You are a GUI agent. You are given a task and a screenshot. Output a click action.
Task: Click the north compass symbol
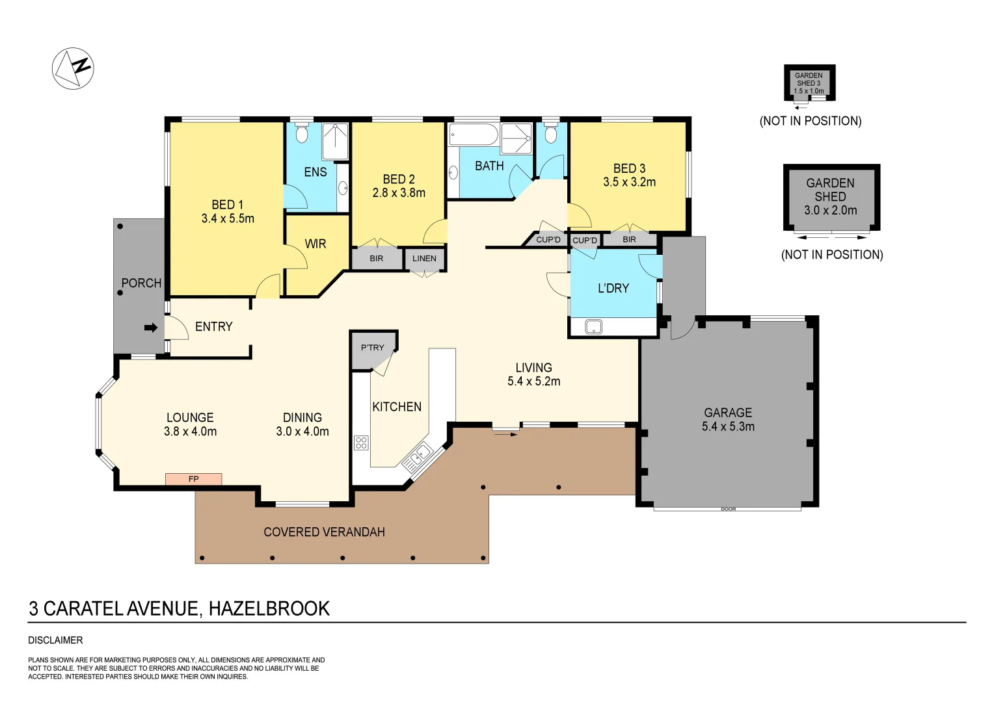pos(73,68)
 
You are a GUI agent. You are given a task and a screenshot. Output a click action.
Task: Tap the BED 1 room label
pos(228,205)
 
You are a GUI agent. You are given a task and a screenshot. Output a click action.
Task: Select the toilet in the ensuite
pos(301,134)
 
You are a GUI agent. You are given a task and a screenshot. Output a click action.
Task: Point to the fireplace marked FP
pos(193,479)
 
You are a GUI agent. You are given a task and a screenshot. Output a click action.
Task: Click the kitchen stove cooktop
pos(361,443)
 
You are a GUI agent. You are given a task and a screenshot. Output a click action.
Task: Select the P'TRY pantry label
pos(373,348)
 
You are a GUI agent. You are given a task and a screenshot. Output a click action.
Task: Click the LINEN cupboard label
pos(424,259)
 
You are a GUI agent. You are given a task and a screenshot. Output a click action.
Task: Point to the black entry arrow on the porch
pos(150,328)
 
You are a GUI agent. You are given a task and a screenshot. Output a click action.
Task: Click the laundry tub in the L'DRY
pos(593,327)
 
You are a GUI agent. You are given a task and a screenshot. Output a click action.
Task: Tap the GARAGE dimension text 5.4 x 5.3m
pos(728,427)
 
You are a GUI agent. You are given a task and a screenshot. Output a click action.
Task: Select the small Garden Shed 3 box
pos(809,83)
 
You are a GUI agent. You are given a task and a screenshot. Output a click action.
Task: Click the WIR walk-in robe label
pos(316,244)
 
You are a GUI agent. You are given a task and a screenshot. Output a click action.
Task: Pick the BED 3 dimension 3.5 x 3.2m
pos(629,183)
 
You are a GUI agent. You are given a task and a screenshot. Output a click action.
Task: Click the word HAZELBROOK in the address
pos(269,609)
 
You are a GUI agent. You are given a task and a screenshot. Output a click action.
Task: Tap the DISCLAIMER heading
pos(55,640)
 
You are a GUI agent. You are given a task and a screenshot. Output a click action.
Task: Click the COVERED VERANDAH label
pos(324,532)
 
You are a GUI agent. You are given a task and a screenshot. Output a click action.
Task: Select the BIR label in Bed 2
pos(377,259)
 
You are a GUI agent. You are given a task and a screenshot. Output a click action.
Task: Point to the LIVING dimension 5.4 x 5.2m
pos(533,382)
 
